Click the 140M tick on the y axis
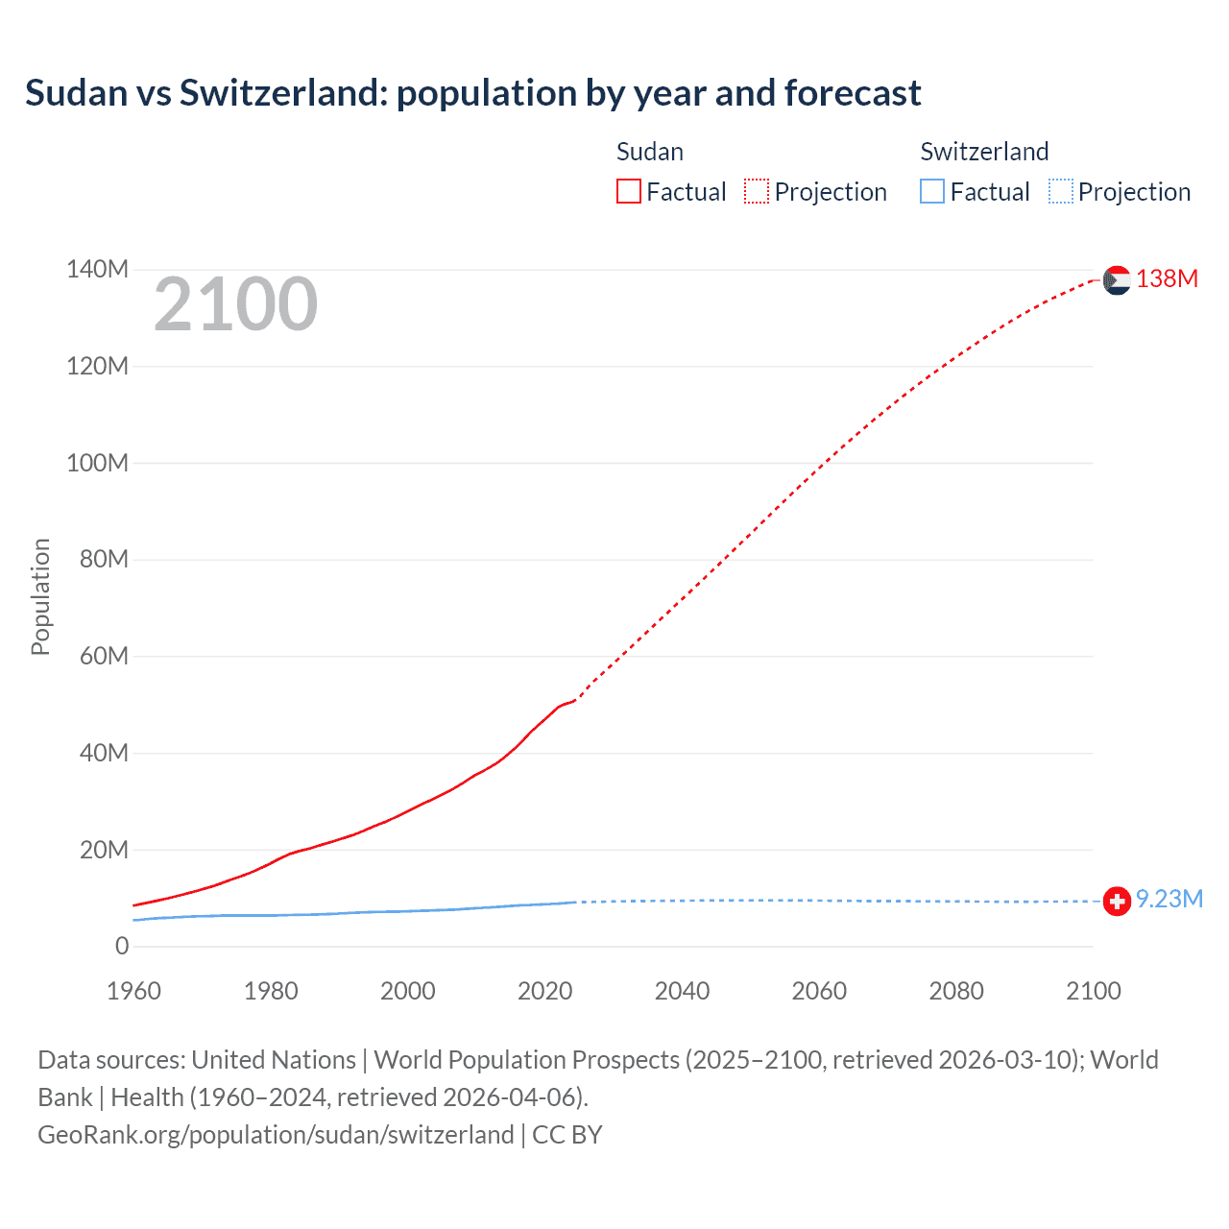point(97,270)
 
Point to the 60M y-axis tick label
point(104,657)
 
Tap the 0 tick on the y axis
point(122,947)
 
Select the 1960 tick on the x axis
point(133,991)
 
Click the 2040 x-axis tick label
point(682,991)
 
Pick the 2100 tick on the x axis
point(1093,991)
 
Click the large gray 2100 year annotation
point(235,304)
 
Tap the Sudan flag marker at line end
point(1117,280)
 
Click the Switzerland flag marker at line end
point(1117,902)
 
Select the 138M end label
point(1167,279)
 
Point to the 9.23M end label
point(1169,900)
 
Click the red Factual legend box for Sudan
point(628,192)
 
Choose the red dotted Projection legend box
point(757,192)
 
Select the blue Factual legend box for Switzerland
point(932,192)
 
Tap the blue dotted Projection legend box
point(1060,192)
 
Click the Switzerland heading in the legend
point(984,152)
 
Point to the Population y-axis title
point(40,596)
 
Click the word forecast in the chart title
point(853,93)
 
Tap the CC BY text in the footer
point(566,1135)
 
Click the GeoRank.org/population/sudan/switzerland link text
point(276,1135)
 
